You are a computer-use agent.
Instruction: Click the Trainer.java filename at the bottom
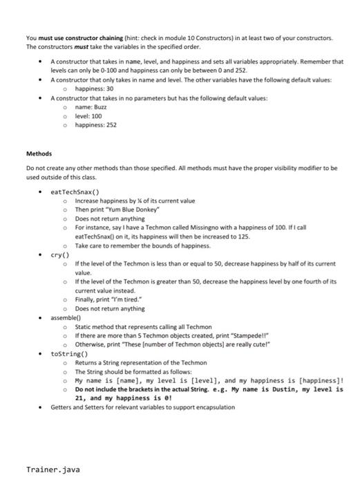pyautogui.click(x=53, y=469)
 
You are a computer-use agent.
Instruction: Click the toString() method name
pyautogui.click(x=71, y=353)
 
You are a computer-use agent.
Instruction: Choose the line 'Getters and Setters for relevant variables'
pyautogui.click(x=142, y=407)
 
